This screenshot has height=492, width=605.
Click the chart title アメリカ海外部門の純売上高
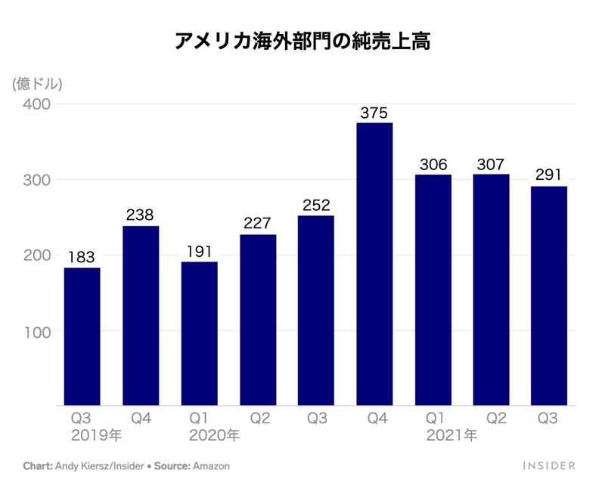coord(302,42)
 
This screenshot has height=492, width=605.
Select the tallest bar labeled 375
coord(374,265)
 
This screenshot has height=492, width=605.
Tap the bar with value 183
coord(82,336)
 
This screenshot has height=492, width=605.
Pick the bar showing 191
coord(199,333)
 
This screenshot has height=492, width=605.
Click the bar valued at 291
coord(548,296)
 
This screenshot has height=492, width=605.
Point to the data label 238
coord(141,215)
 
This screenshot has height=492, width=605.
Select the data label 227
coord(257,224)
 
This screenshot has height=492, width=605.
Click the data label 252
coord(316,205)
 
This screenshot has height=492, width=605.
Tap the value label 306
coord(433,164)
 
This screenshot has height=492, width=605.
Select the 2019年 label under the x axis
coord(95,435)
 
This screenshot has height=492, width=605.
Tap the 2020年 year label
coord(214,435)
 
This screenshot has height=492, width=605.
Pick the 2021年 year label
coord(451,435)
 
